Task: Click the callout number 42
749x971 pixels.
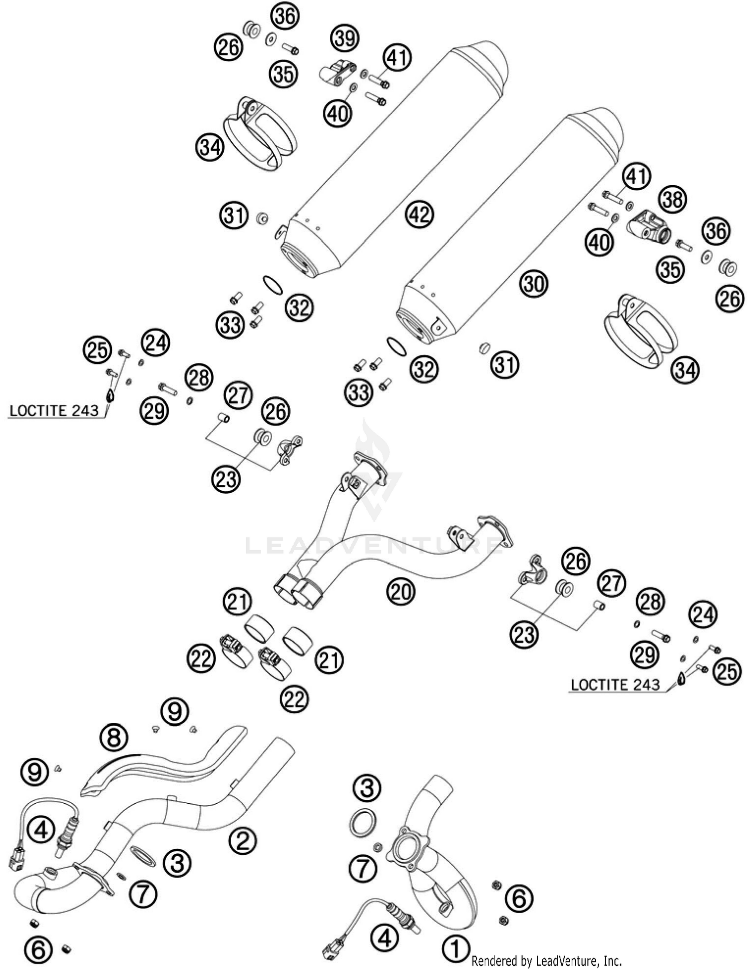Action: (420, 215)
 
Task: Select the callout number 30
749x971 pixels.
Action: (534, 284)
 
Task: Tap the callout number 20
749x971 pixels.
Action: (401, 592)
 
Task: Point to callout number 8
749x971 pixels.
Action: (114, 737)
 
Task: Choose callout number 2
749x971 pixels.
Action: (243, 840)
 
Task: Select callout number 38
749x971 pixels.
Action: (673, 199)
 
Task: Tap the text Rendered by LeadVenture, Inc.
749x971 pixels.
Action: (546, 961)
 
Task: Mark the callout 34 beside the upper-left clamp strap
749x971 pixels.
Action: (210, 147)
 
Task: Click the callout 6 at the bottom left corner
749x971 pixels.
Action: (39, 949)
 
